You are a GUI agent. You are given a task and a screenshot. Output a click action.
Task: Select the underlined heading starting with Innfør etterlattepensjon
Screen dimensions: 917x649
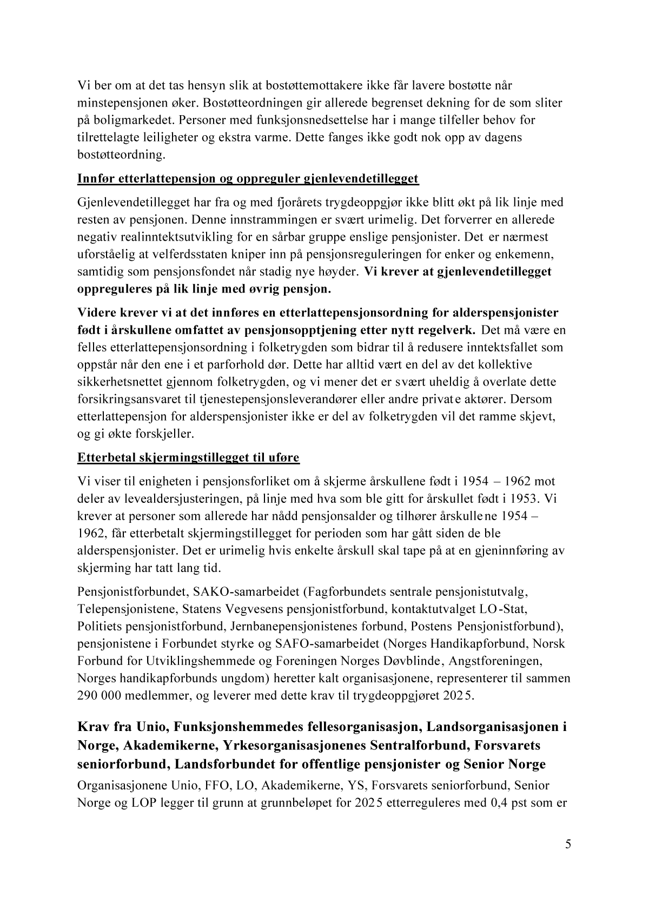tap(248, 179)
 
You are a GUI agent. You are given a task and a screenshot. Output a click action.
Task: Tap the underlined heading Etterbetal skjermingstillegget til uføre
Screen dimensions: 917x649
tap(188, 458)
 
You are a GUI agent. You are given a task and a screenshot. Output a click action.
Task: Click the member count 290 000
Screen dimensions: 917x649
tap(101, 696)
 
